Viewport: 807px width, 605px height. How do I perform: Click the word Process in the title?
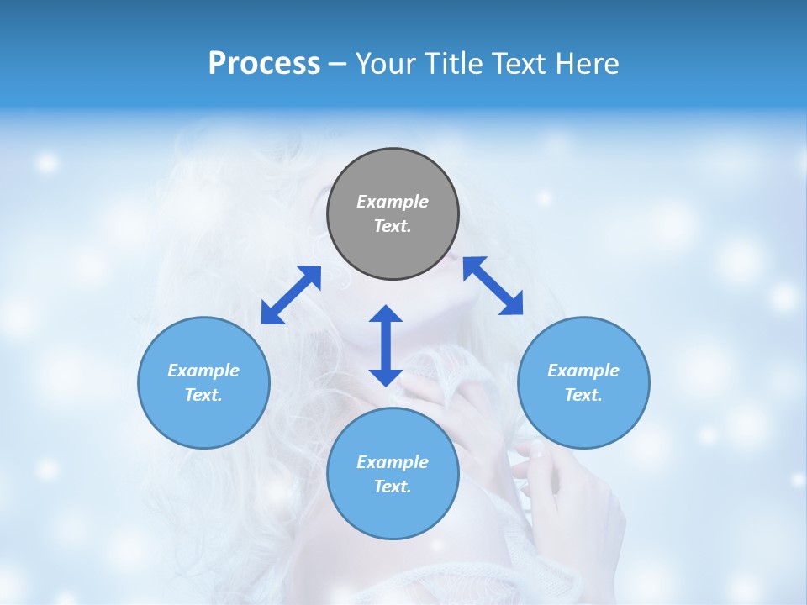pos(264,64)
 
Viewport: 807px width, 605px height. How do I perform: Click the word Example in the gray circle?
pos(393,202)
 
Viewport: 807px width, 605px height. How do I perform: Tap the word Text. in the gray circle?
pos(393,226)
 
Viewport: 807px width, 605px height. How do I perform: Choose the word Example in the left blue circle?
pos(203,371)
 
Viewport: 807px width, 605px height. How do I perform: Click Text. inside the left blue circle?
pos(203,395)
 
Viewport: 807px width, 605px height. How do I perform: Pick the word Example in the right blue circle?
pos(583,371)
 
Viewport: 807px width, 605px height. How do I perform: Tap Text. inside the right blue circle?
pos(583,395)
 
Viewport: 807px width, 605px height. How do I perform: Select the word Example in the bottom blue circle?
pos(393,462)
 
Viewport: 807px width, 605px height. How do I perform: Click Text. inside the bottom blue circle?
pos(393,487)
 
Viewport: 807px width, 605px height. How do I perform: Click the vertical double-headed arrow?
pos(386,345)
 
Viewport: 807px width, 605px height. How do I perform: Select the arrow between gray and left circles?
pos(291,295)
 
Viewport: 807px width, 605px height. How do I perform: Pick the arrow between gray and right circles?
pos(493,286)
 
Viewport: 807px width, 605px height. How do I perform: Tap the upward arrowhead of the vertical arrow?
pos(386,314)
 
